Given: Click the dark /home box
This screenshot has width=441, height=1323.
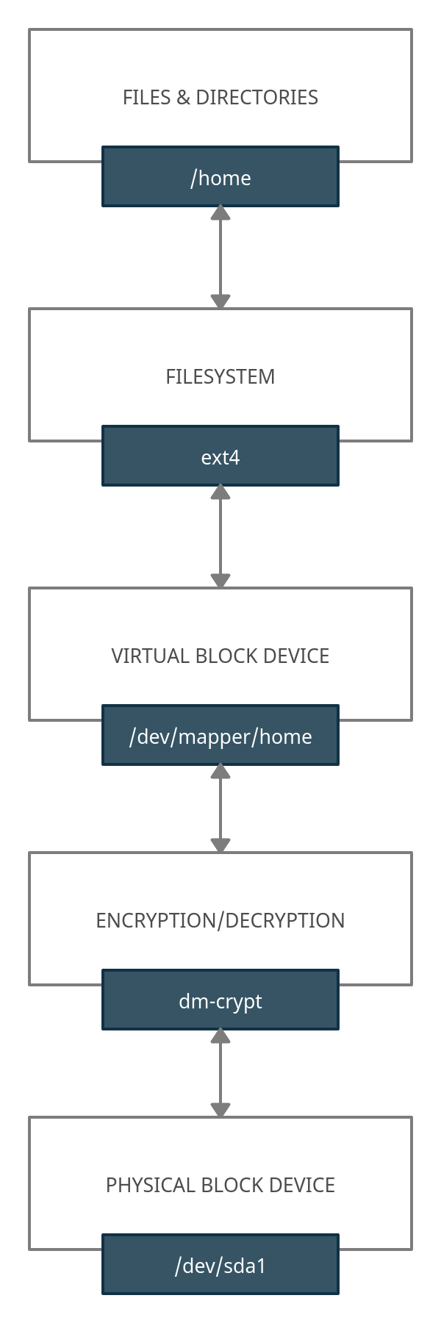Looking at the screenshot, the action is click(220, 176).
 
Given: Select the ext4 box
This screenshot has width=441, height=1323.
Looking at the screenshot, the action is click(220, 456).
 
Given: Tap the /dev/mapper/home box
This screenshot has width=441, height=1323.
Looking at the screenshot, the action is click(220, 735).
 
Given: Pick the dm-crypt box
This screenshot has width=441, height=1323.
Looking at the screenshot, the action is click(220, 1000).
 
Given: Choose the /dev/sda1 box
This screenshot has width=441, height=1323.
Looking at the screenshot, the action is click(220, 1264).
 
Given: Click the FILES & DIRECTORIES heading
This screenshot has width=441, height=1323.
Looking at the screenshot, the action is click(220, 97).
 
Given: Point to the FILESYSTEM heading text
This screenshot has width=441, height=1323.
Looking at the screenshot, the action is click(220, 376).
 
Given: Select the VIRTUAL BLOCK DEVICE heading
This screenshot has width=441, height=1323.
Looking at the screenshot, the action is click(220, 656).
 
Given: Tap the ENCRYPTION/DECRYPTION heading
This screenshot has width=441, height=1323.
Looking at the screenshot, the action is click(220, 920).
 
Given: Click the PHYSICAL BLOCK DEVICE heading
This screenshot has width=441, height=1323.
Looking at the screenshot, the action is click(220, 1185).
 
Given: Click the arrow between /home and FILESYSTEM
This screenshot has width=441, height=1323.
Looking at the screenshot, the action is click(220, 257).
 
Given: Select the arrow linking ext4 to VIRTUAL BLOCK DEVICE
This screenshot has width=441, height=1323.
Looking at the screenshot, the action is click(220, 537).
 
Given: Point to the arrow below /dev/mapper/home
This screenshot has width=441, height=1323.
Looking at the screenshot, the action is click(220, 808).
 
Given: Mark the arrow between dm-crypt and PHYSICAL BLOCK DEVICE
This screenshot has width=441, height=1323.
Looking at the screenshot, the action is click(220, 1073).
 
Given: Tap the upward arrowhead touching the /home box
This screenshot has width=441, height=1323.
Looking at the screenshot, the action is click(220, 214).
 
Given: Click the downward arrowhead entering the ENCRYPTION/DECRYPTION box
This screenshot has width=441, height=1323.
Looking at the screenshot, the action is click(220, 845).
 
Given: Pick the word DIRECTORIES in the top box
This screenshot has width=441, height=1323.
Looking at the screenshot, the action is click(257, 97).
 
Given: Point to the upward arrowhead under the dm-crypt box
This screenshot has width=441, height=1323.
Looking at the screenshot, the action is click(220, 1037).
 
